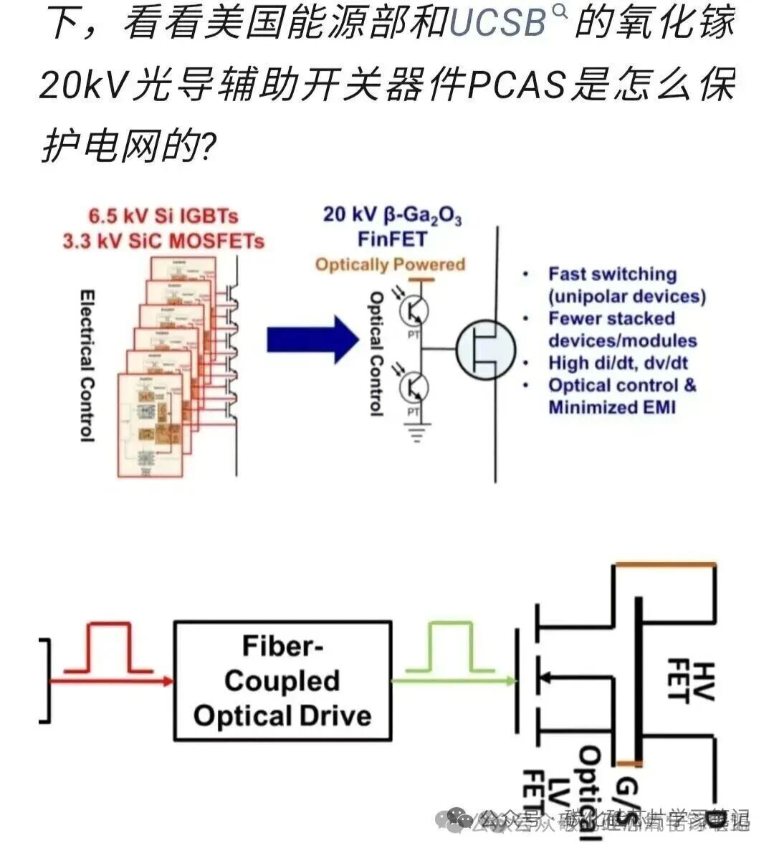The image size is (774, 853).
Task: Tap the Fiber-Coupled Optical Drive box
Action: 282,680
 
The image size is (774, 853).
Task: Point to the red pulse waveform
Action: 108,649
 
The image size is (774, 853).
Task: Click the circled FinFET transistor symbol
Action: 485,349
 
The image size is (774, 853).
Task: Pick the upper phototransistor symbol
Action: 413,308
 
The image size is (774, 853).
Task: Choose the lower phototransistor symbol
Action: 413,388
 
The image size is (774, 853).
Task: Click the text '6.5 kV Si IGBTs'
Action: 163,216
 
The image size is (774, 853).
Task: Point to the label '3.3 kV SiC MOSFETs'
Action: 163,241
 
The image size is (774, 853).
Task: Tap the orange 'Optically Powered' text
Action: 391,265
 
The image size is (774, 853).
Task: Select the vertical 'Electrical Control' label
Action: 87,366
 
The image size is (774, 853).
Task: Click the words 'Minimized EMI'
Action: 612,407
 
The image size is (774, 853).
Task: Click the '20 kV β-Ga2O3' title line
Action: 392,214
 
